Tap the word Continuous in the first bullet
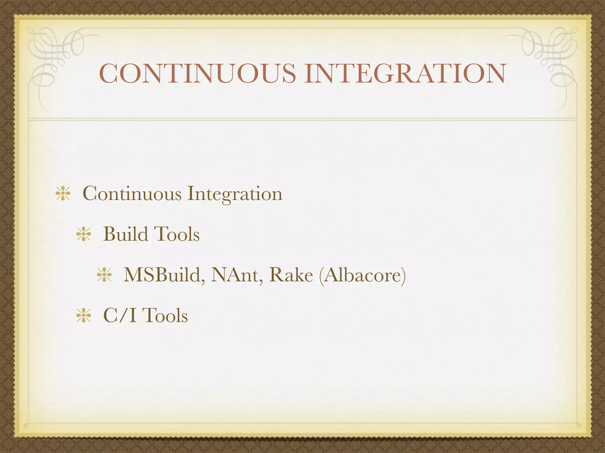click(x=132, y=194)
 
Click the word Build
click(x=126, y=234)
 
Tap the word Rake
click(x=291, y=275)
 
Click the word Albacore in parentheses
click(x=362, y=275)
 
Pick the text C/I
click(x=120, y=316)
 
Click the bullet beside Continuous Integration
click(x=63, y=194)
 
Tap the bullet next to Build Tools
click(x=83, y=235)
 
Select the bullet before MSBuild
click(x=104, y=275)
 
